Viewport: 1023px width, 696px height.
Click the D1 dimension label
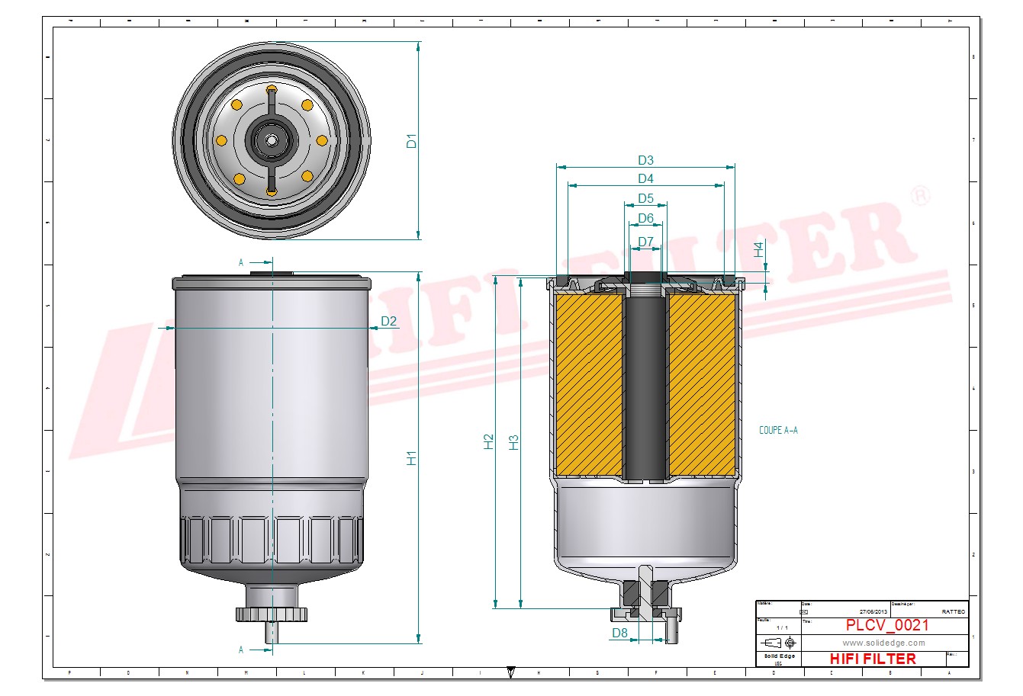[412, 140]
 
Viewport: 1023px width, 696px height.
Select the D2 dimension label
[389, 321]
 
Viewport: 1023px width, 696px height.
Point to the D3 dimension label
[645, 160]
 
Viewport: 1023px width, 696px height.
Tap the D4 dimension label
[645, 178]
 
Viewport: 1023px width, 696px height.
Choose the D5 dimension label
[645, 198]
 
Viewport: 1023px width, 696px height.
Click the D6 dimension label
[645, 218]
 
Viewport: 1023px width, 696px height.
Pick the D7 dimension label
[645, 242]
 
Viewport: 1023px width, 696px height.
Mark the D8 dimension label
[619, 633]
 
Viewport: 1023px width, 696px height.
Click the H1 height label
[412, 458]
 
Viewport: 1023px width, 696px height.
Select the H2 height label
[489, 441]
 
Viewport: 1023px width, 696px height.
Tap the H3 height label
[514, 441]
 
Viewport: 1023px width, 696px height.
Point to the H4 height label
[759, 249]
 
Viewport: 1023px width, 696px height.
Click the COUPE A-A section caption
[778, 431]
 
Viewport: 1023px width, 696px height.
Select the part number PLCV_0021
[887, 625]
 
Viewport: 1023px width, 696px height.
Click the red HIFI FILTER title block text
[872, 659]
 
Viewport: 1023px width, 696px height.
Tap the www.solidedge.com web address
[883, 643]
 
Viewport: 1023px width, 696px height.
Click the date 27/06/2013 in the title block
[873, 611]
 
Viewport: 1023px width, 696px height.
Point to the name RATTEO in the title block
[953, 611]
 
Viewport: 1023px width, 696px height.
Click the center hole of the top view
[272, 140]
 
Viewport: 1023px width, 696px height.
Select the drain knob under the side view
[272, 614]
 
